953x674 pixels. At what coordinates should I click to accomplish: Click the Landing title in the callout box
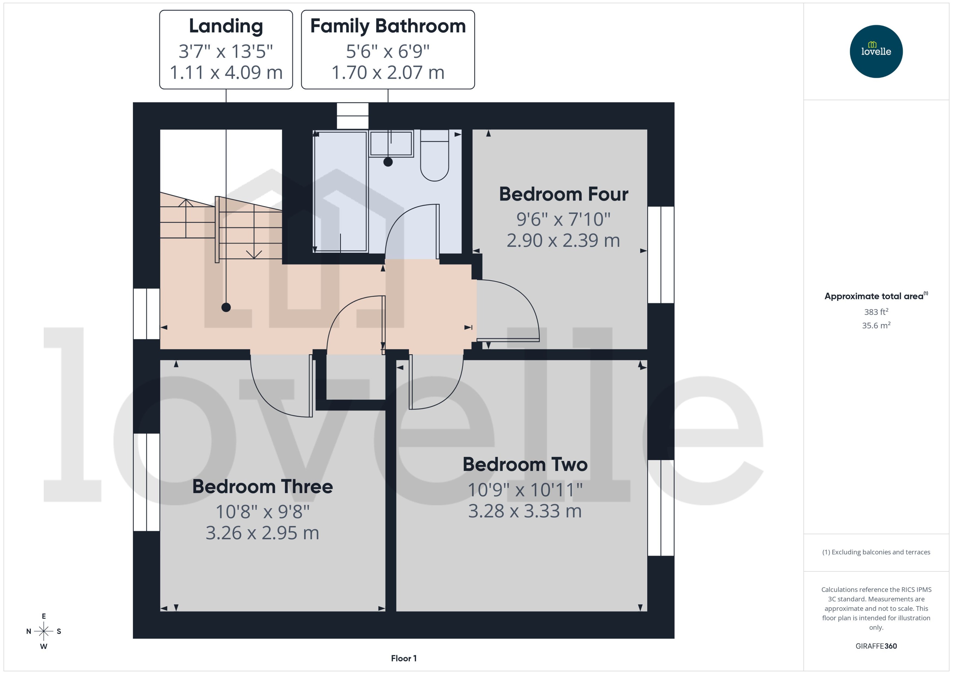click(226, 26)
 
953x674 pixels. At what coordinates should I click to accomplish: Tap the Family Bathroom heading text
click(388, 26)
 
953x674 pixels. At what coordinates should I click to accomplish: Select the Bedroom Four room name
click(563, 194)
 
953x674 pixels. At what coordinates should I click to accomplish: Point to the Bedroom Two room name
click(525, 464)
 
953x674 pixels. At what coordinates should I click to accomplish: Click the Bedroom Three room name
click(262, 487)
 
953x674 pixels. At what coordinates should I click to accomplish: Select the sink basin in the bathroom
click(391, 144)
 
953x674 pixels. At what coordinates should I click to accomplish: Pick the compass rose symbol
click(44, 631)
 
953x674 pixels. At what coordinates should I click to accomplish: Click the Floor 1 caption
click(404, 658)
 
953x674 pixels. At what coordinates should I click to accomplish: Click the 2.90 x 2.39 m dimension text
click(563, 240)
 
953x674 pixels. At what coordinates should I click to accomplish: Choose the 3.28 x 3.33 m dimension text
click(525, 511)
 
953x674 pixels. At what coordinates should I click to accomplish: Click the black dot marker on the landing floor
click(226, 307)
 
